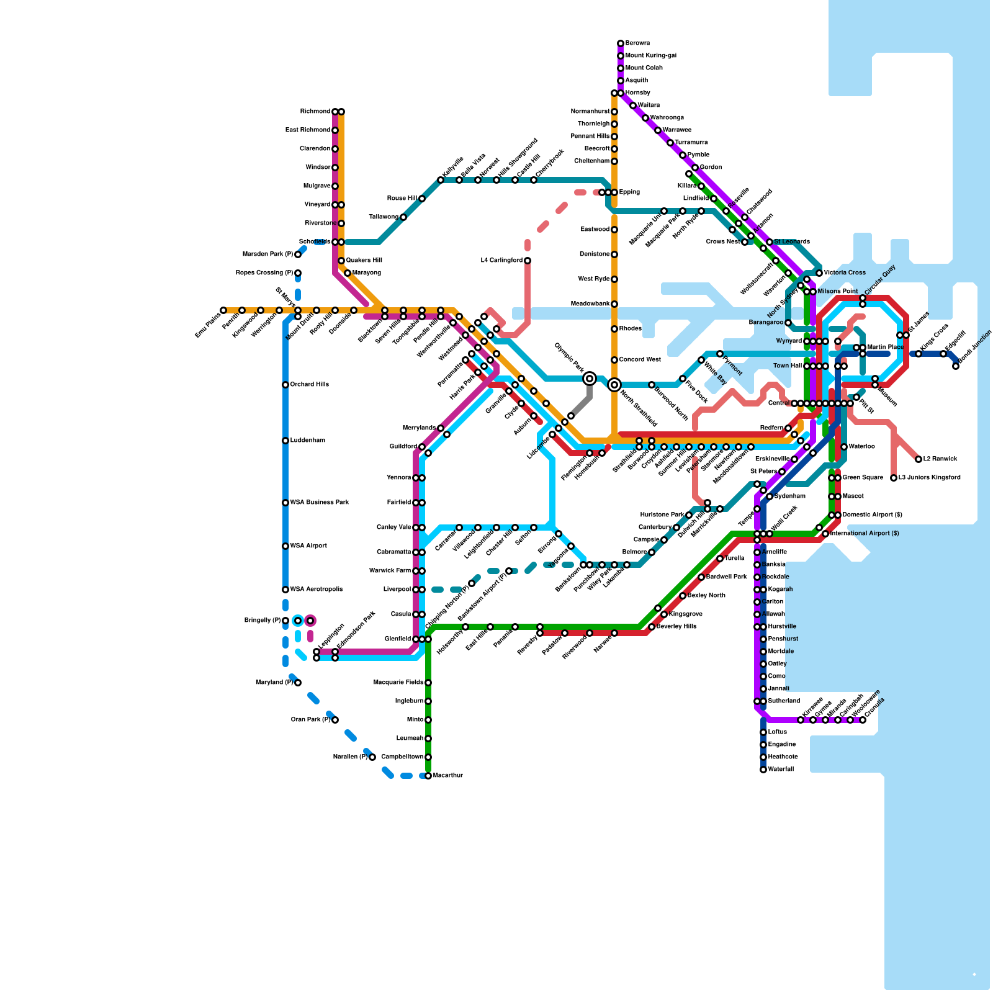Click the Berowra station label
637,43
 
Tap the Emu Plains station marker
223,310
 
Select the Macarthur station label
447,776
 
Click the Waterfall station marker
763,770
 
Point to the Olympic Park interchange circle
590,379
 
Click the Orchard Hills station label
309,385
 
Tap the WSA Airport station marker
285,546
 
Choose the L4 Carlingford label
501,261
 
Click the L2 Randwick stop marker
919,459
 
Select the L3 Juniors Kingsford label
929,478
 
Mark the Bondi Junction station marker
956,366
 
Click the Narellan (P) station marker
372,757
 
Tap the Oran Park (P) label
310,720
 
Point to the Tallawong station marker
403,217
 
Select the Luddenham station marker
285,441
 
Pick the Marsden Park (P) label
267,254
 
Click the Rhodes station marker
614,329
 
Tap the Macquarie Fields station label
398,683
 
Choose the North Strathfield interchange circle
614,385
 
